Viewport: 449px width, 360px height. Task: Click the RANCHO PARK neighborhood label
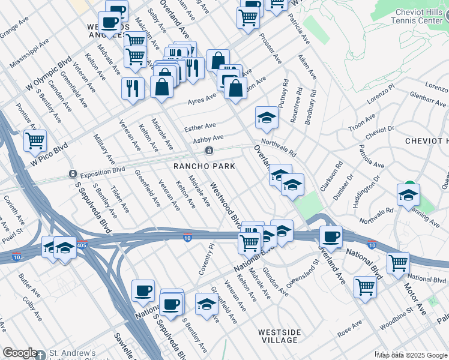(203, 166)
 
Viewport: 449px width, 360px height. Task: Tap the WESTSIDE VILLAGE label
(278, 335)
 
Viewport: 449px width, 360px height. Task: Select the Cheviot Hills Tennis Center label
(421, 17)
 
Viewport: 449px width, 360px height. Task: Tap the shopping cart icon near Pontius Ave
(35, 141)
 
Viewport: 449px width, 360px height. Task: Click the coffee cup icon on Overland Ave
(330, 236)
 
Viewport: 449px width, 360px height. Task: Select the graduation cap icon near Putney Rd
(267, 117)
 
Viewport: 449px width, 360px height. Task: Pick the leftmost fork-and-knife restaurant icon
(132, 88)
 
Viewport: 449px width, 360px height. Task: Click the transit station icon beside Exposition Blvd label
(73, 174)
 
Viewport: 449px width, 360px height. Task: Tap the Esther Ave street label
(200, 127)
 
